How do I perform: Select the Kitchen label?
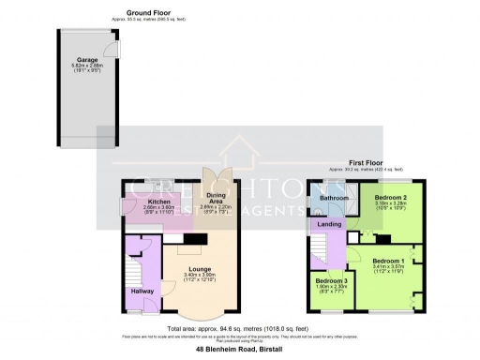(158, 202)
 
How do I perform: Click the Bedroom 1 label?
(387, 259)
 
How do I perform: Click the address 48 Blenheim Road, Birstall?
(240, 348)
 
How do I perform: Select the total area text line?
(240, 328)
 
